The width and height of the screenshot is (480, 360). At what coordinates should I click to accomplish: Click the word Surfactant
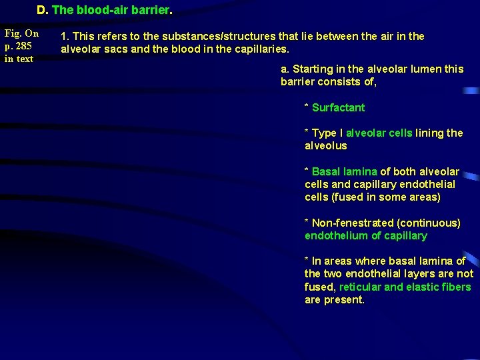pyautogui.click(x=338, y=107)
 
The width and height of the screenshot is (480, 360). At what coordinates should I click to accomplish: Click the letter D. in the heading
pyautogui.click(x=42, y=11)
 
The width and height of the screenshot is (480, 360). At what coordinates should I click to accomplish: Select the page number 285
pyautogui.click(x=25, y=46)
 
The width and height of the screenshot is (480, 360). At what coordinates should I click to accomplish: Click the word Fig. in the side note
pyautogui.click(x=14, y=33)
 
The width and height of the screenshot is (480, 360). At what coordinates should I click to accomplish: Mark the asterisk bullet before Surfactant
pyautogui.click(x=307, y=108)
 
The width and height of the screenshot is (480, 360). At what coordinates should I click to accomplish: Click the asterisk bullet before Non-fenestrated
pyautogui.click(x=307, y=223)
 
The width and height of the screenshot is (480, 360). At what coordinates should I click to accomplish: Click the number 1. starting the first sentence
pyautogui.click(x=65, y=36)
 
